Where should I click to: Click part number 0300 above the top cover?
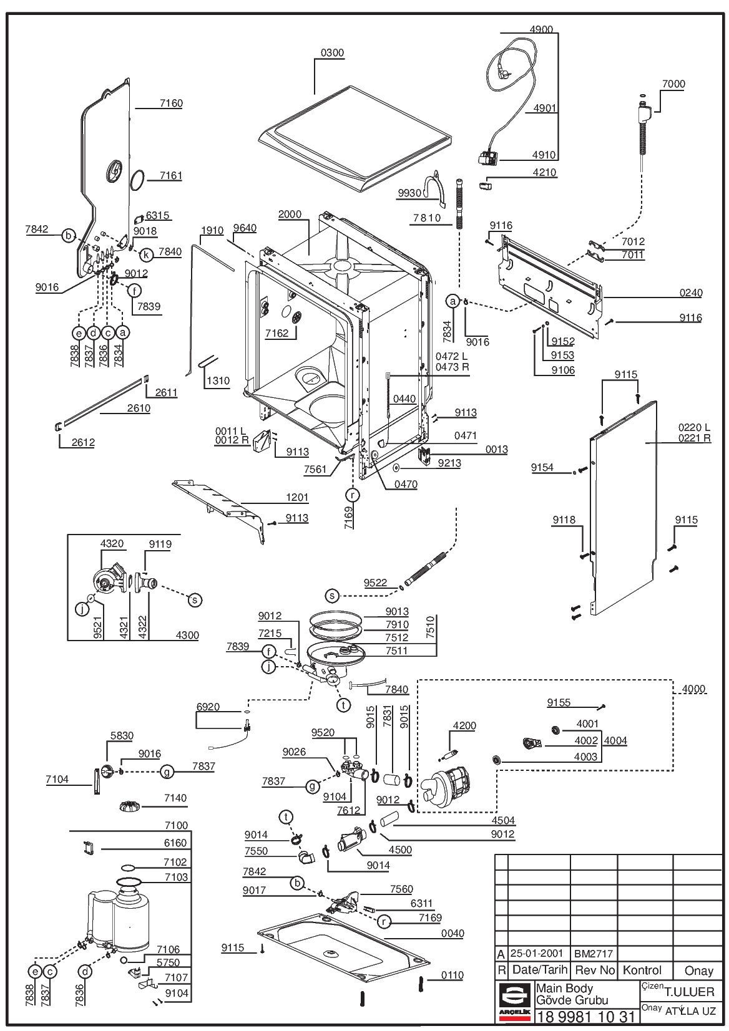332,53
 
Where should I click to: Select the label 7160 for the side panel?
171,103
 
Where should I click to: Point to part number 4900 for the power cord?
541,29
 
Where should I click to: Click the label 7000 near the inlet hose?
673,84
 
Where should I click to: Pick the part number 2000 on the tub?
290,214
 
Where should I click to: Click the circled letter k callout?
146,254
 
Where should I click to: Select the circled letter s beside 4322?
195,600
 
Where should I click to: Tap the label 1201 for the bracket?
297,497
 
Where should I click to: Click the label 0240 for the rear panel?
691,293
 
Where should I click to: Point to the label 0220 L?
694,428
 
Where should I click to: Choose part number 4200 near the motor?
464,726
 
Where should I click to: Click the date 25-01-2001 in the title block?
537,953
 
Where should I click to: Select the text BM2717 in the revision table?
594,954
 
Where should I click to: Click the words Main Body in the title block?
564,988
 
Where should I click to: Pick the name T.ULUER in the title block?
690,992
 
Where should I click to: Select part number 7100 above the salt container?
176,825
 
